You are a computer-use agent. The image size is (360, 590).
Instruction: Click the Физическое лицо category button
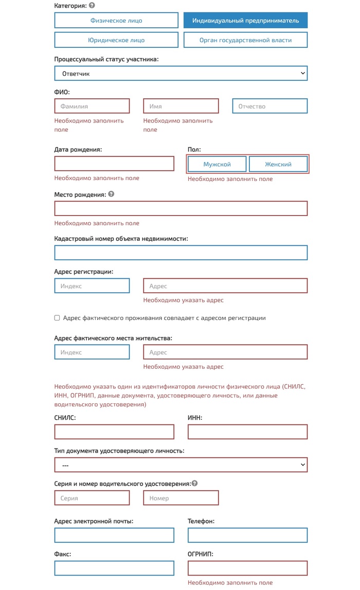click(x=116, y=21)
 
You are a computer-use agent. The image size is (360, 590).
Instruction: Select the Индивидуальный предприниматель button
click(x=245, y=21)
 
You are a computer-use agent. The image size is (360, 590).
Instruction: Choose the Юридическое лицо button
click(x=116, y=40)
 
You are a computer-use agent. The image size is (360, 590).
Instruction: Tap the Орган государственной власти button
click(x=245, y=40)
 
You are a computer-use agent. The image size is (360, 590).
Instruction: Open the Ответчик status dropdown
click(x=181, y=74)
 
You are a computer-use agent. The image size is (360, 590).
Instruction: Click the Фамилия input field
click(x=92, y=106)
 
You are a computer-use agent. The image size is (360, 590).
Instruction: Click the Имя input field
click(x=181, y=106)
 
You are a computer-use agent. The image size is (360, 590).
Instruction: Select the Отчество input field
click(x=270, y=106)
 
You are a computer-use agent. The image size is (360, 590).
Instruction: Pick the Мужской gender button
click(x=217, y=165)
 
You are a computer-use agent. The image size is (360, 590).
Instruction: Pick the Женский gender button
click(x=278, y=165)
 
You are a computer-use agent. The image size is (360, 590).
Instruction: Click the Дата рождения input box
click(x=114, y=164)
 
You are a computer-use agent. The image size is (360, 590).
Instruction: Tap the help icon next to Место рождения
click(x=111, y=194)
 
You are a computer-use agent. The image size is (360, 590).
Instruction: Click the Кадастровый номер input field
click(x=181, y=253)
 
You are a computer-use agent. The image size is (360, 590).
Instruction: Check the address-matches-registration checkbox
click(x=57, y=318)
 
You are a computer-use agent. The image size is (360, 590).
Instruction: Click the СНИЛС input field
click(x=114, y=432)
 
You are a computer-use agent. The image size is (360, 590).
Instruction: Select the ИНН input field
click(x=247, y=432)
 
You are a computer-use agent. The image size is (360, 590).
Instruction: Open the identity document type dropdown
click(x=181, y=465)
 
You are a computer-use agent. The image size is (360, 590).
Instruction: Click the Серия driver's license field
click(x=92, y=498)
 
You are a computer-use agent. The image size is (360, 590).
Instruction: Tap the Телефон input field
click(x=247, y=535)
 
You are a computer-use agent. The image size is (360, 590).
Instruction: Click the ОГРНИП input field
click(x=247, y=568)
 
